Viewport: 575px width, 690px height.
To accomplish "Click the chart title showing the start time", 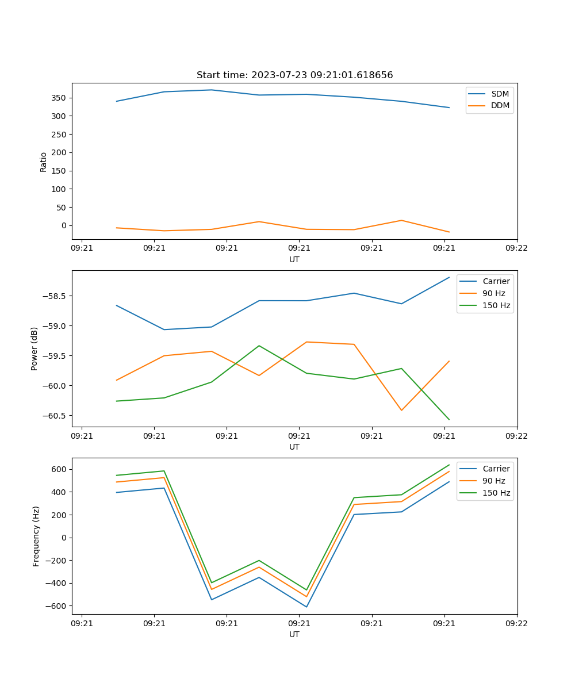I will click(294, 75).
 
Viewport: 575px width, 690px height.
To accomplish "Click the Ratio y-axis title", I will click(44, 162).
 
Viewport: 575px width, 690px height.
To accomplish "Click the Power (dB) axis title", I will click(34, 348).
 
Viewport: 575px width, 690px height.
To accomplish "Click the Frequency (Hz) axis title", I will click(36, 536).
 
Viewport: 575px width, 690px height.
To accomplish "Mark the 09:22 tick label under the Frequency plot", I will click(516, 623).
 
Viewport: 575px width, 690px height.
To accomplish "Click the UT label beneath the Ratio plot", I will click(294, 259).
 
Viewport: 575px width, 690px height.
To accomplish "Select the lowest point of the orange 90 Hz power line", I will click(401, 410).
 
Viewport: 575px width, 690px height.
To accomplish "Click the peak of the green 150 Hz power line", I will click(259, 346).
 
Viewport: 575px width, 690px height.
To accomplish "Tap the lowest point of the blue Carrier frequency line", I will click(306, 607).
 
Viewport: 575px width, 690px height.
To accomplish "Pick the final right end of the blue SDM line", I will click(449, 108).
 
